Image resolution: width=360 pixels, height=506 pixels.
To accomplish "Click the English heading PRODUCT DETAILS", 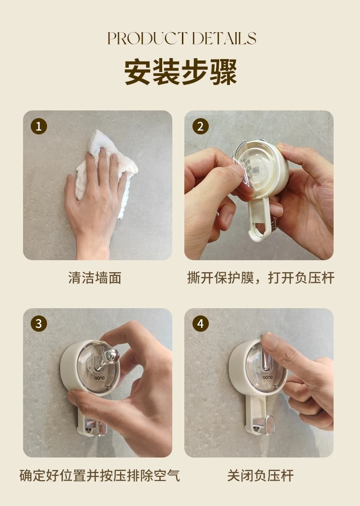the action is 181,38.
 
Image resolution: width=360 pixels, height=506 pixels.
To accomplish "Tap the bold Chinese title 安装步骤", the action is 180,72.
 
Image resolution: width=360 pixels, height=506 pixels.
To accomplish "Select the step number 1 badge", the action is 39,126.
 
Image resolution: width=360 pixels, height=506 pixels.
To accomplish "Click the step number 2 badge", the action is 200,126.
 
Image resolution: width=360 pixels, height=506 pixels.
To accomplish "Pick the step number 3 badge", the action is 39,324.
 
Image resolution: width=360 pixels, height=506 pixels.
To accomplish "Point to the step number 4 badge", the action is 200,324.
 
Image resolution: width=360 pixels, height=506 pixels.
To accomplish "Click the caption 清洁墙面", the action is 95,278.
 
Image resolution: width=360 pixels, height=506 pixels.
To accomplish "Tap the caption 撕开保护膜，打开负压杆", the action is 261,278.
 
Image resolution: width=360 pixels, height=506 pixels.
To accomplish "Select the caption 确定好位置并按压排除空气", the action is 100,475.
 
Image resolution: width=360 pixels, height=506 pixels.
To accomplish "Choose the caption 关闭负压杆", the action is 260,475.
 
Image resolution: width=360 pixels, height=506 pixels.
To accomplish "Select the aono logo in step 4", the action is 267,377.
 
